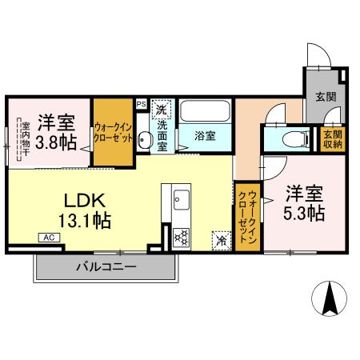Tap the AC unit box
(x=48, y=238)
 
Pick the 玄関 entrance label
(x=326, y=98)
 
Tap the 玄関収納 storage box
(x=332, y=138)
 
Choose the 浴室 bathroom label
(x=206, y=136)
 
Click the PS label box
(x=141, y=103)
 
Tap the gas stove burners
(x=181, y=236)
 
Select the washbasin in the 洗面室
(x=144, y=140)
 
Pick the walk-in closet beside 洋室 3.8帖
(x=113, y=132)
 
